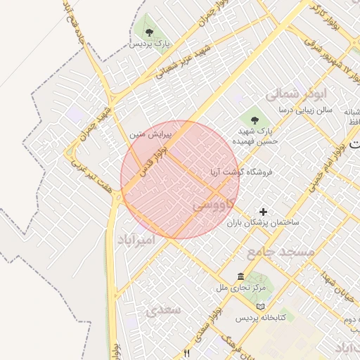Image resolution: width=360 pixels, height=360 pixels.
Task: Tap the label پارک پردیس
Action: coord(150,44)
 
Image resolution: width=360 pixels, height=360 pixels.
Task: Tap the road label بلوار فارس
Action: coord(153,160)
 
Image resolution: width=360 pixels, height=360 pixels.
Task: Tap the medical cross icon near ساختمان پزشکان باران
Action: coord(264,212)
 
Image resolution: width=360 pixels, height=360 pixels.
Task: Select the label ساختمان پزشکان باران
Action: coord(262,222)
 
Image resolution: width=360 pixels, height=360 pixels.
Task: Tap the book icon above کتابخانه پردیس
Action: coord(261,307)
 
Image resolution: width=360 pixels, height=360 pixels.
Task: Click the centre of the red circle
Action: coord(180,180)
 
